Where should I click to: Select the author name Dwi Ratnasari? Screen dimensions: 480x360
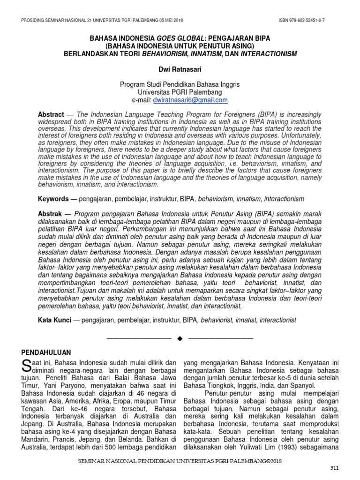(180, 69)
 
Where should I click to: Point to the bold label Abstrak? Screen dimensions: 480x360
(50, 214)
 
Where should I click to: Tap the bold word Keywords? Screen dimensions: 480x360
(53, 199)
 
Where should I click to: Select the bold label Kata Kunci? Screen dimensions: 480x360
(54, 320)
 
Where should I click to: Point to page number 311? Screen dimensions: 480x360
(333, 469)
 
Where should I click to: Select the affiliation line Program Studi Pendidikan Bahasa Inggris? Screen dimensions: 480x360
(180, 84)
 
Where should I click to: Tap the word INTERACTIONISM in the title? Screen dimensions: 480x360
(268, 54)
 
